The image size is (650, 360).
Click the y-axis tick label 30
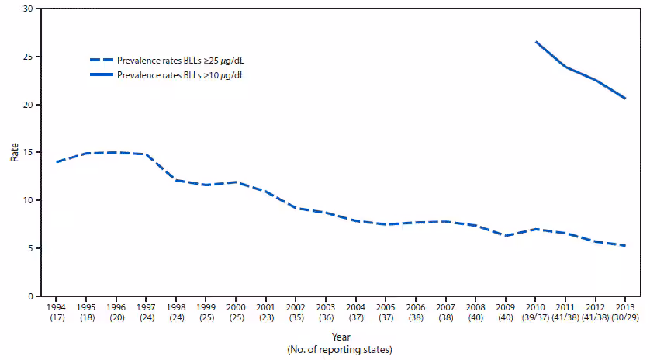click(x=27, y=9)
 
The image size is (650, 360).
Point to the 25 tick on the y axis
click(x=27, y=57)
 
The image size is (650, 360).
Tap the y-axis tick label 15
click(x=27, y=153)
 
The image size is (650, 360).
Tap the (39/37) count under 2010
click(x=535, y=318)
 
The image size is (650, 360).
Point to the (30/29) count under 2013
click(x=625, y=318)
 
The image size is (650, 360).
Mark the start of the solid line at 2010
click(x=535, y=42)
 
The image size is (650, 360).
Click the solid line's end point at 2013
click(x=625, y=99)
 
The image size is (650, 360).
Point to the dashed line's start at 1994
click(x=57, y=161)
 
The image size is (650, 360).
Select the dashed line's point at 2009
click(x=505, y=236)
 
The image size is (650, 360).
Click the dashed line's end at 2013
click(x=625, y=245)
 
